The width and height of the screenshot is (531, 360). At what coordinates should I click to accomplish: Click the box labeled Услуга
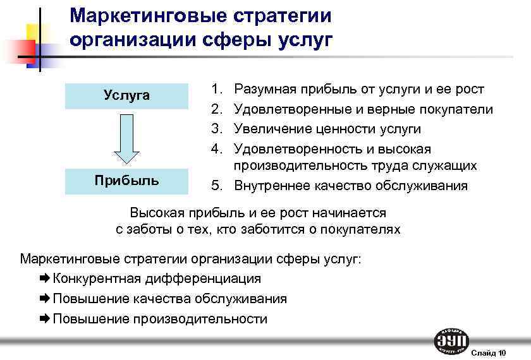click(127, 95)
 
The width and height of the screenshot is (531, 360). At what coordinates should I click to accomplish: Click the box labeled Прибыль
click(127, 181)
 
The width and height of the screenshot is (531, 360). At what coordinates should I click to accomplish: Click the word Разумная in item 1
click(262, 90)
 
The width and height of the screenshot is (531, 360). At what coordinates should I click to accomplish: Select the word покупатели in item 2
click(455, 110)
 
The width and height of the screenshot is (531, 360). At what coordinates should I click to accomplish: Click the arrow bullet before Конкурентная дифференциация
click(46, 279)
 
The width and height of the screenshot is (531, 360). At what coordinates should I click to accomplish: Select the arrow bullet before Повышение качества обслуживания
click(46, 299)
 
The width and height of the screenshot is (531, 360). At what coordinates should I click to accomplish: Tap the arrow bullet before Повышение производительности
click(46, 319)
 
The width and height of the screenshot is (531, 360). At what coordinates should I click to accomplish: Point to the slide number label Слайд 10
click(489, 352)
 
